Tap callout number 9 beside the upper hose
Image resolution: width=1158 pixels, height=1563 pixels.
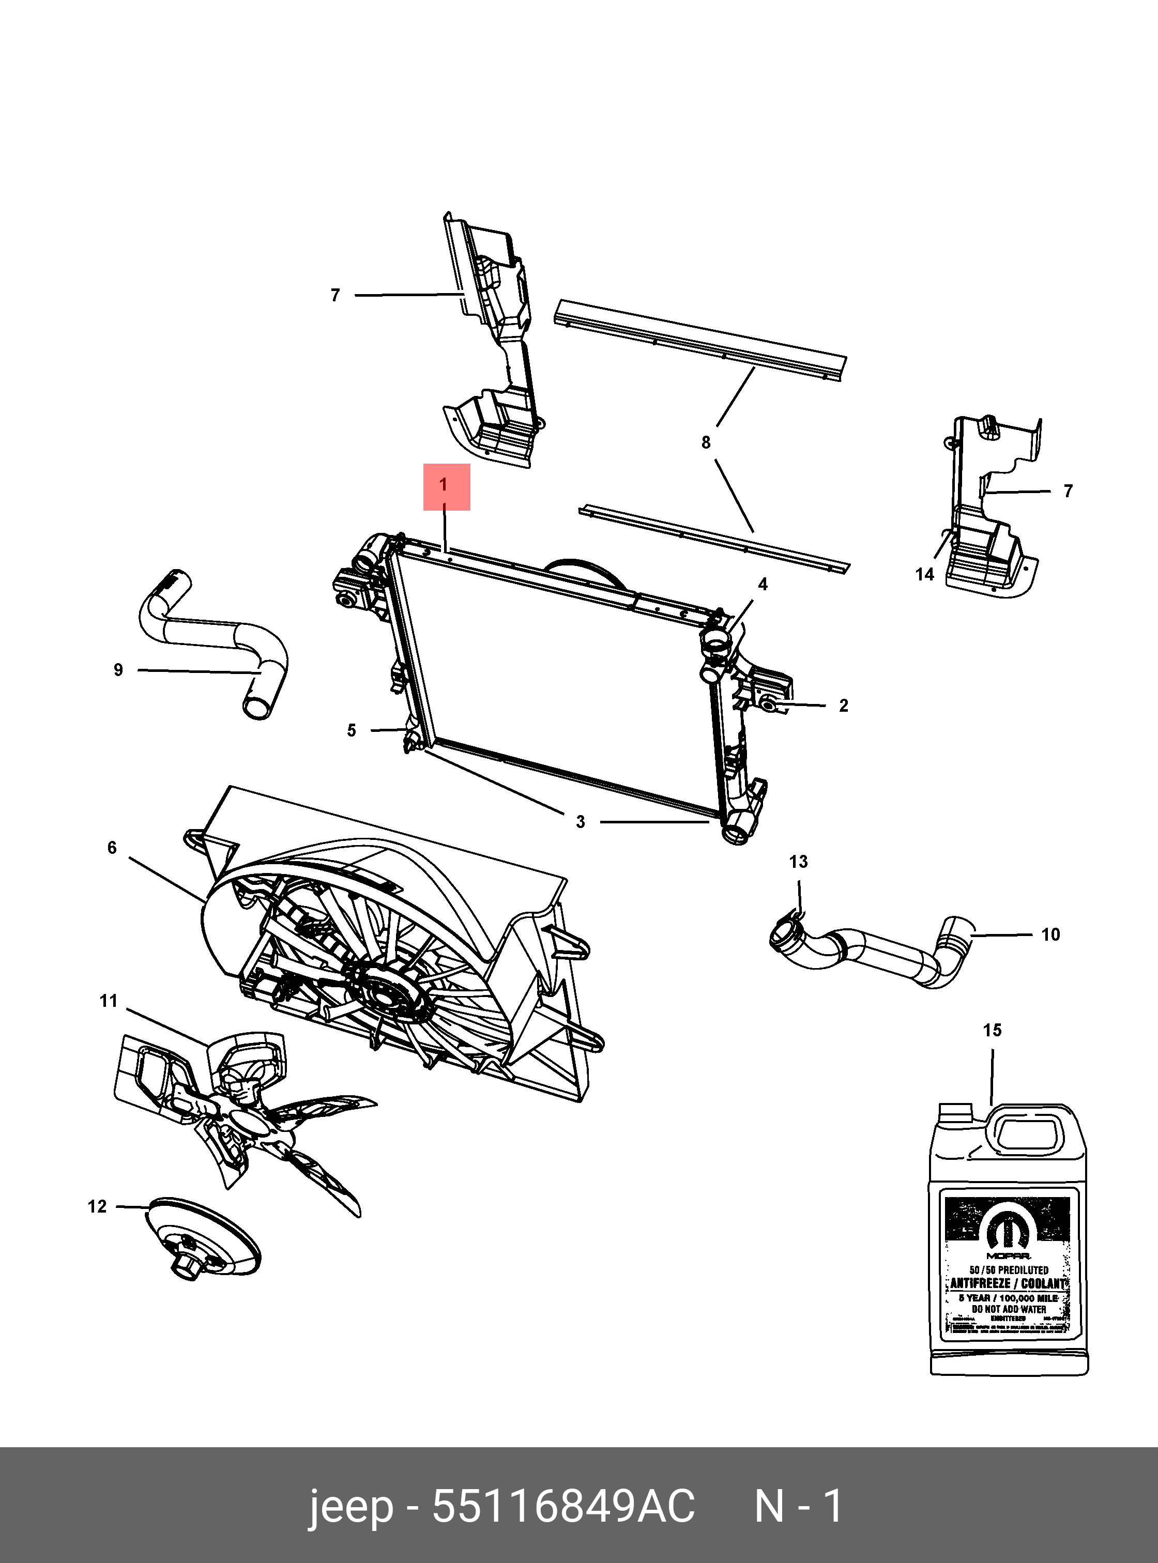click(118, 670)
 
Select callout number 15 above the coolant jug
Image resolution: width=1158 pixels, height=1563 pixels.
click(992, 1030)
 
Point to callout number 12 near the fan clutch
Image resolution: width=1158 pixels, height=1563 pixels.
click(97, 1206)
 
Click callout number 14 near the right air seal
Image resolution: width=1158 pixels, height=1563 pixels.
click(924, 575)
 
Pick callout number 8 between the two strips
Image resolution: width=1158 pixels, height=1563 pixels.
click(706, 442)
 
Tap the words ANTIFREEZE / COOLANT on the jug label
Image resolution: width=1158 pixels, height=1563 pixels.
click(1008, 1283)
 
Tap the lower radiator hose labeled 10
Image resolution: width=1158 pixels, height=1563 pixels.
click(883, 953)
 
